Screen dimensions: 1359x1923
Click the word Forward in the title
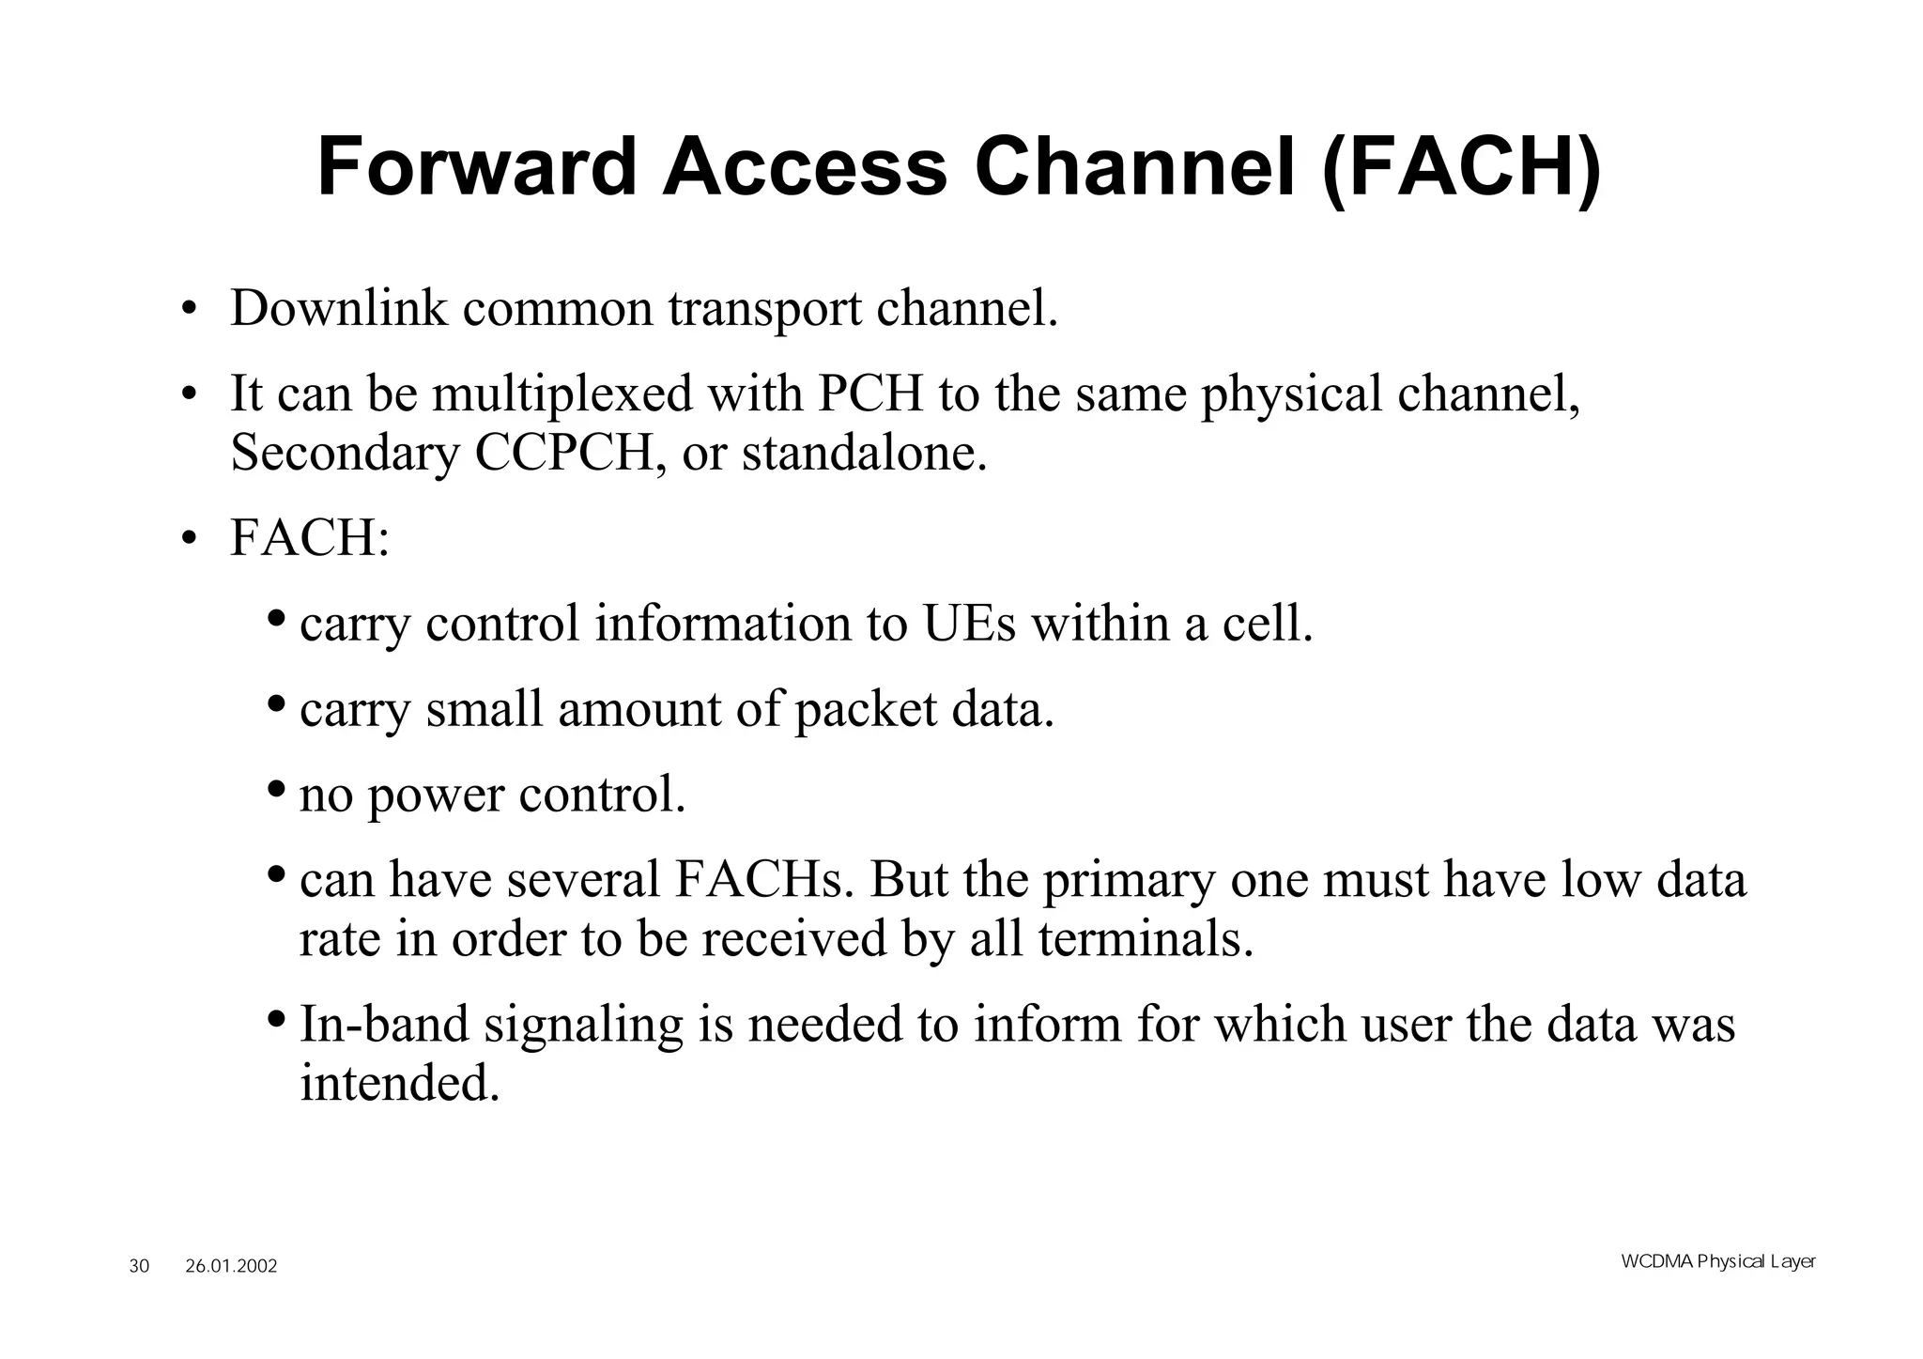[476, 168]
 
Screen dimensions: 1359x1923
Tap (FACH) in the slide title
[1461, 170]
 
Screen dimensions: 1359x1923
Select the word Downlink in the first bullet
[339, 308]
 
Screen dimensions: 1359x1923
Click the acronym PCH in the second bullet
[870, 394]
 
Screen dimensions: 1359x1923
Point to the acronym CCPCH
[563, 454]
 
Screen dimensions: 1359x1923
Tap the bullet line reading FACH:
[309, 539]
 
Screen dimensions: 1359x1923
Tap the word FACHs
[763, 880]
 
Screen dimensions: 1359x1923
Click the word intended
[399, 1084]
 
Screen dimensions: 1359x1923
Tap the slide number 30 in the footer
[139, 1266]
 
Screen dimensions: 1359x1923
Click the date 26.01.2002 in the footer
[231, 1266]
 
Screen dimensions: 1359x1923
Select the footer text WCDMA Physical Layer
[1718, 1261]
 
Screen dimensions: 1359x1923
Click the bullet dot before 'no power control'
[276, 788]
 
